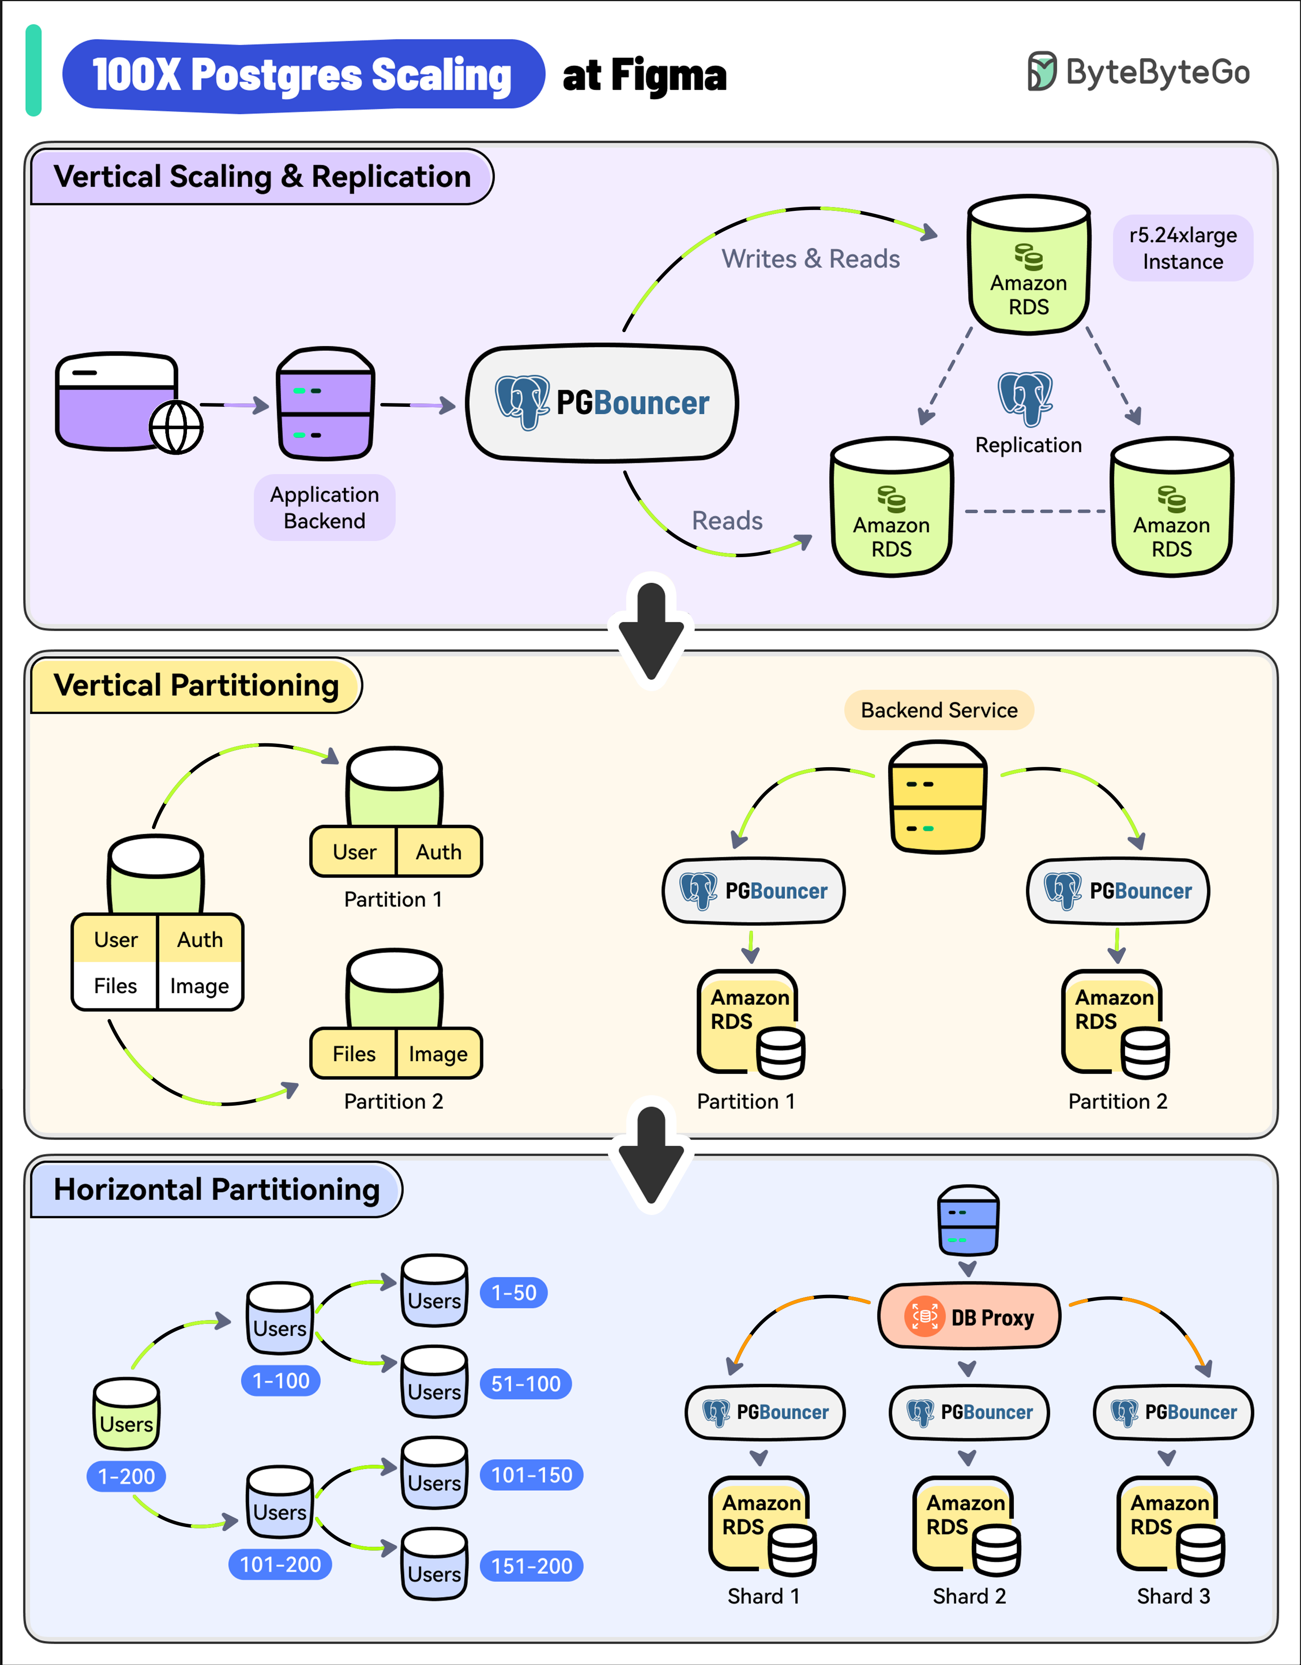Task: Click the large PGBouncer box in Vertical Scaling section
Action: click(x=602, y=403)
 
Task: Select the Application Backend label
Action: click(x=325, y=508)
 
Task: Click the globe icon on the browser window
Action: click(x=176, y=427)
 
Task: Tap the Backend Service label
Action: click(x=939, y=710)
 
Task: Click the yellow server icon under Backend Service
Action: click(x=938, y=797)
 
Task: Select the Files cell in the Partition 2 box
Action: click(x=354, y=1054)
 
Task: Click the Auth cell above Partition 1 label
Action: click(x=439, y=852)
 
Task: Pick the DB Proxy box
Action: click(x=969, y=1317)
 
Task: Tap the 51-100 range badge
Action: click(x=526, y=1384)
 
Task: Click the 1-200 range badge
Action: click(x=126, y=1477)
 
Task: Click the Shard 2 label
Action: click(x=969, y=1596)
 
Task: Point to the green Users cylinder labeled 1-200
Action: click(x=126, y=1414)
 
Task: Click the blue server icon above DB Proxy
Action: click(x=968, y=1220)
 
